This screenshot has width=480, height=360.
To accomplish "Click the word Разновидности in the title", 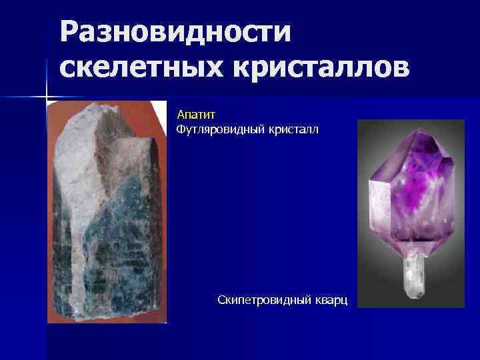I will (x=175, y=32).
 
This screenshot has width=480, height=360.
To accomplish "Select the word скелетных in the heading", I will (x=138, y=67).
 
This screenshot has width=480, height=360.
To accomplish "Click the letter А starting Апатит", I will (x=180, y=115).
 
